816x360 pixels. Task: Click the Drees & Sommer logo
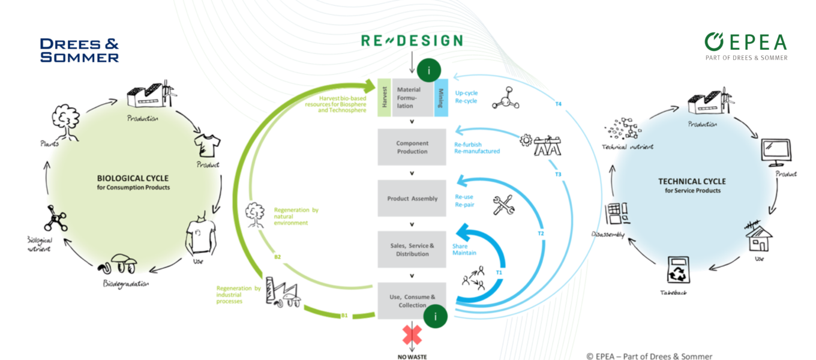click(x=79, y=50)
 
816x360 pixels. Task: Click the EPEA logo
click(x=746, y=46)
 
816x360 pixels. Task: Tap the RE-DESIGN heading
click(x=412, y=41)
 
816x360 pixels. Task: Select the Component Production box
click(x=412, y=147)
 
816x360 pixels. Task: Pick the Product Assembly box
click(x=412, y=199)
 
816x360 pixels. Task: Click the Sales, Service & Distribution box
click(x=412, y=250)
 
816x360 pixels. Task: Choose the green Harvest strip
click(x=384, y=97)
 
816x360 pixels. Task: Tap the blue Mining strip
click(x=441, y=97)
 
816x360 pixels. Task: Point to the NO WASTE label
click(x=412, y=356)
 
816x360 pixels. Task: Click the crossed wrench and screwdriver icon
click(x=502, y=205)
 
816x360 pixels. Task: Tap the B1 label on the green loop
click(x=344, y=314)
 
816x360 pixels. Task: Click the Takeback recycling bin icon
click(x=676, y=271)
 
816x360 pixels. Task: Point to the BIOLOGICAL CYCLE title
click(x=133, y=178)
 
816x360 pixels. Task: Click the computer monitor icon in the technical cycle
click(x=776, y=152)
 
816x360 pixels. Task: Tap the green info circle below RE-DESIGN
click(x=428, y=71)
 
